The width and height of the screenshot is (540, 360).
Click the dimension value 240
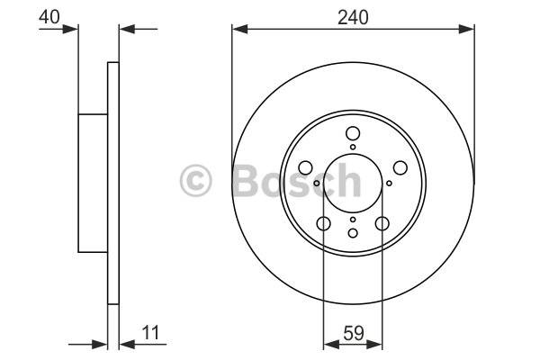tap(353, 18)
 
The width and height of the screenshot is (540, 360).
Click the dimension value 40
tap(49, 16)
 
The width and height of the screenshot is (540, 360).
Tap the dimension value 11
tap(150, 333)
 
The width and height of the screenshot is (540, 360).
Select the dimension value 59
tap(354, 333)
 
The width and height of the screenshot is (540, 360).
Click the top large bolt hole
tap(353, 133)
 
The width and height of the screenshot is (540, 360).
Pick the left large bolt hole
tap(305, 167)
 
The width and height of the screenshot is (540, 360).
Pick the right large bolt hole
tap(400, 167)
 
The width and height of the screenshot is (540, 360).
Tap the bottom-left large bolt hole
tap(323, 223)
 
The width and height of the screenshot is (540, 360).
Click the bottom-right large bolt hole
tap(382, 223)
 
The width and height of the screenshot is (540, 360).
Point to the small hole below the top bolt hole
tap(353, 147)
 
